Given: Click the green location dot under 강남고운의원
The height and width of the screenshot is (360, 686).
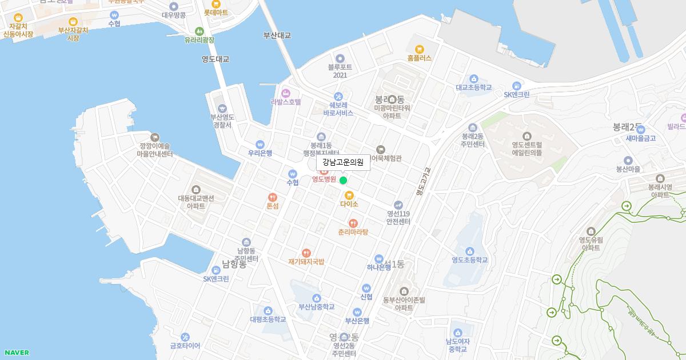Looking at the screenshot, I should [343, 181].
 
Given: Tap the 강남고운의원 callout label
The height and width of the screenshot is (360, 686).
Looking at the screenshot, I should [343, 162].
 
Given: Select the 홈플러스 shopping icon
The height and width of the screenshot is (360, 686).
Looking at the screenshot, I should [420, 49].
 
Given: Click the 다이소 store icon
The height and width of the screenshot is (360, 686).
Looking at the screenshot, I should [349, 195].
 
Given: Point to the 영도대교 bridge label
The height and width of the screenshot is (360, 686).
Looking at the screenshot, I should [215, 59].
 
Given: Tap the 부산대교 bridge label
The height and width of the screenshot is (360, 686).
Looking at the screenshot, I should [277, 35].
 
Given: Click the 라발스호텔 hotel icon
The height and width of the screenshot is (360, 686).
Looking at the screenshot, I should [286, 93].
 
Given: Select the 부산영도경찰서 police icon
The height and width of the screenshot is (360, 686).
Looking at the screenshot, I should [222, 108].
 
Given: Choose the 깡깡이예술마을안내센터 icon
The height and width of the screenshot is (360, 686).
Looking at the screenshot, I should [155, 137].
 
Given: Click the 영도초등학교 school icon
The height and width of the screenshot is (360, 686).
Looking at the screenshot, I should [469, 251].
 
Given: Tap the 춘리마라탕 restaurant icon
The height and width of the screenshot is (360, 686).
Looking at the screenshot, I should [353, 223].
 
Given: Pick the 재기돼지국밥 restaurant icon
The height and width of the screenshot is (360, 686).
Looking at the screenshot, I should [306, 253].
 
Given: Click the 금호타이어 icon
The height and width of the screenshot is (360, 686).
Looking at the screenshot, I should [185, 337].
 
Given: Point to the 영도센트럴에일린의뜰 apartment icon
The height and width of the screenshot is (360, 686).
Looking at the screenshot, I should [527, 136].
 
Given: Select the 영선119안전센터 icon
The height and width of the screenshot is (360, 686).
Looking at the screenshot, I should [398, 205].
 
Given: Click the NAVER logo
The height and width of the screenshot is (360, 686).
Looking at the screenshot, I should [16, 353].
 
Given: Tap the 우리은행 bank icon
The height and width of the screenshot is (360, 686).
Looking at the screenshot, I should [260, 144].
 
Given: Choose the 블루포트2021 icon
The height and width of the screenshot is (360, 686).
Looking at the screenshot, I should [341, 58].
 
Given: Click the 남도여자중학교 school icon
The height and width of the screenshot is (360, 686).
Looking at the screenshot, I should [457, 333].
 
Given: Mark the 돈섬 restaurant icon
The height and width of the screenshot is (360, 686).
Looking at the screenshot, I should [273, 197].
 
